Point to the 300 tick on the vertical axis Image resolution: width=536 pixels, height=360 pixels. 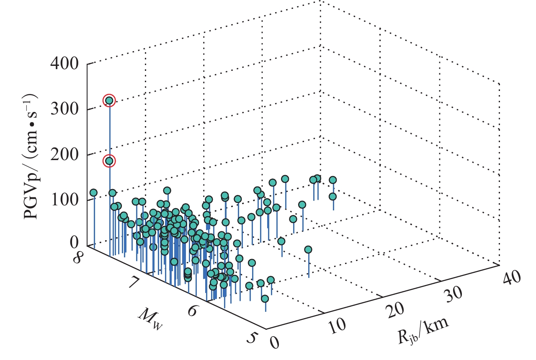click(66, 109)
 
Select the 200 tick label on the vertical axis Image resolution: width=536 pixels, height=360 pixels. click(66, 155)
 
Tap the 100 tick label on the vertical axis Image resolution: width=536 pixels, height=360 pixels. click(66, 199)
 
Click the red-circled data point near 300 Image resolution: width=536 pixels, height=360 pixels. click(109, 101)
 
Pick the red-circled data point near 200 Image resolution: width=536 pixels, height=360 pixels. click(109, 161)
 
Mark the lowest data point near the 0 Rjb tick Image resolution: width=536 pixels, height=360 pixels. click(265, 299)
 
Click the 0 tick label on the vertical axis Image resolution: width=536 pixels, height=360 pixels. click(75, 243)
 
